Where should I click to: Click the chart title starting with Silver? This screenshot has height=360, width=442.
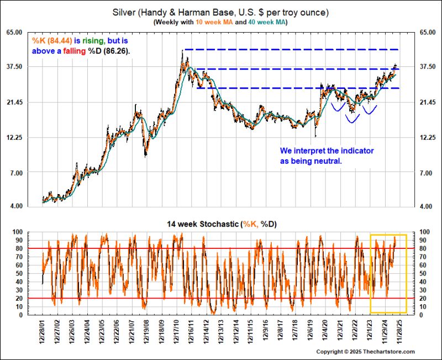coord(221,12)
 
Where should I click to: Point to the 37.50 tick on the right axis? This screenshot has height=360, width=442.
coord(428,67)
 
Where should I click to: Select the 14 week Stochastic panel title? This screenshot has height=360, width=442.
coord(221,224)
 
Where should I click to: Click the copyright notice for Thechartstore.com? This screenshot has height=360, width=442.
coord(365,352)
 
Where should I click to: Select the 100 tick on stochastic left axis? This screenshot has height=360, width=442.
coord(18,232)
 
